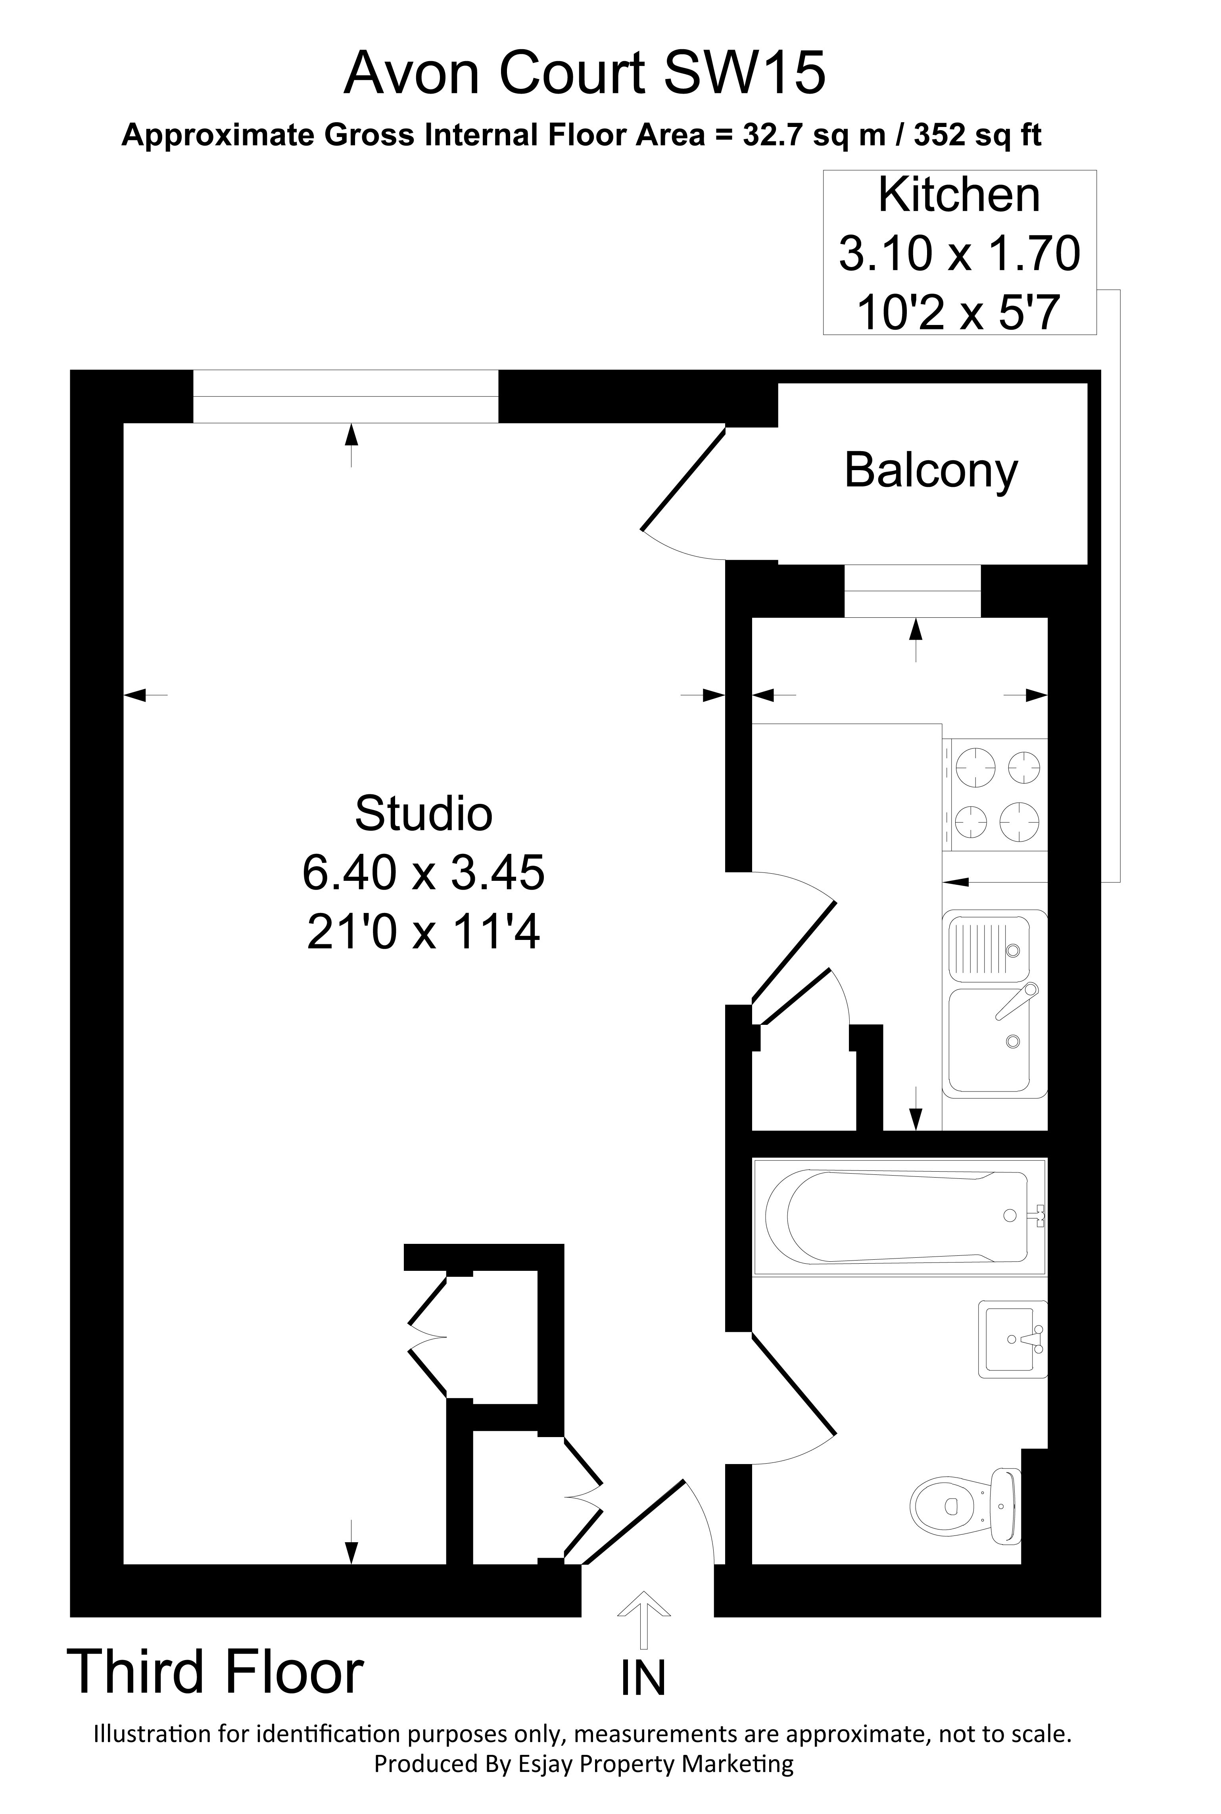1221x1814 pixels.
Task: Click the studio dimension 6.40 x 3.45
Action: tap(424, 872)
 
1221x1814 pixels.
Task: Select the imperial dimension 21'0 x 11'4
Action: tap(424, 932)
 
